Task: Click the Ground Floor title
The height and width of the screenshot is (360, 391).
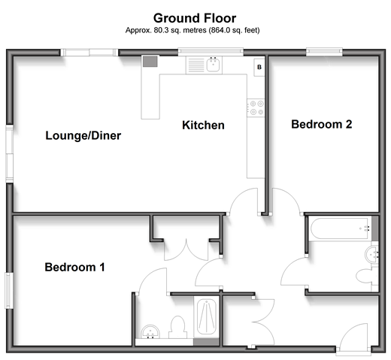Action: [x=195, y=18]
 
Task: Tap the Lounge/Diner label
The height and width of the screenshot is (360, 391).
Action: [x=83, y=135]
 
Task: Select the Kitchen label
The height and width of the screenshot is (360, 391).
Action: [x=203, y=126]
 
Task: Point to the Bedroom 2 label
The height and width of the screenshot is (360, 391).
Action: [x=322, y=124]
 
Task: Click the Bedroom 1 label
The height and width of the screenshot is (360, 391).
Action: [x=74, y=267]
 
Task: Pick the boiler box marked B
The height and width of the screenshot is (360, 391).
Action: [x=259, y=67]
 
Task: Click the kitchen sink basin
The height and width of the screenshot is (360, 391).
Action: [x=214, y=65]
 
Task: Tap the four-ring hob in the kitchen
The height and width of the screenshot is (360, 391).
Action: [x=256, y=107]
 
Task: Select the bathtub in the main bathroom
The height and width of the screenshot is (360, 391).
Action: [x=339, y=228]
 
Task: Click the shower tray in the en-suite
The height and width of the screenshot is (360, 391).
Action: [x=206, y=316]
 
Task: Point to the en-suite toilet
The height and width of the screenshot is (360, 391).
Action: [x=178, y=327]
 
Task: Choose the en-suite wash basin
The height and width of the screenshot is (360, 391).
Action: [x=150, y=331]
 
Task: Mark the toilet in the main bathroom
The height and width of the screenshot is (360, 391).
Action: [x=367, y=276]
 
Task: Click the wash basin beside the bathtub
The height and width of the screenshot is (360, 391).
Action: [x=371, y=255]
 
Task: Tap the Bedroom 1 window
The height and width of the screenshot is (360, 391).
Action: [x=9, y=291]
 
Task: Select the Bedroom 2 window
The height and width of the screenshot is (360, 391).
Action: [x=324, y=52]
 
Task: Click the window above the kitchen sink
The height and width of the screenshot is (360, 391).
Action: [x=211, y=52]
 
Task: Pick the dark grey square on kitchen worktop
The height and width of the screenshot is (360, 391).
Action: [x=150, y=62]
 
